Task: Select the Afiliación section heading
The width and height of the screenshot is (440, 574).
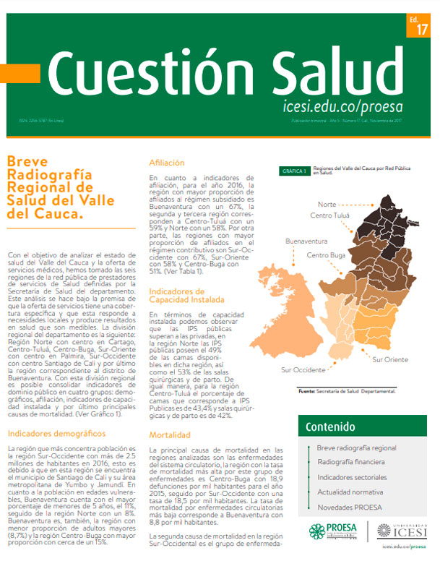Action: pos(171,163)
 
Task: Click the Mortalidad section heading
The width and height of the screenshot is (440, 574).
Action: pos(171,435)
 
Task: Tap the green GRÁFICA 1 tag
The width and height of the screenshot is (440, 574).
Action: pos(295,171)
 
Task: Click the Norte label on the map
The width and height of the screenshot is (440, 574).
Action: pos(327,205)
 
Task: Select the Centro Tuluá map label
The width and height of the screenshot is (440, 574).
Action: pos(330,215)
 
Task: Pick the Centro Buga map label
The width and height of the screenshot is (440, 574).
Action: pos(327,255)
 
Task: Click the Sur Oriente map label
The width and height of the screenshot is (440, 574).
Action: pos(391,359)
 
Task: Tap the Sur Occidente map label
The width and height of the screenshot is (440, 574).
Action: pos(300,369)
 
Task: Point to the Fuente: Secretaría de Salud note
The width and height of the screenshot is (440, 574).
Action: pos(347,391)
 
